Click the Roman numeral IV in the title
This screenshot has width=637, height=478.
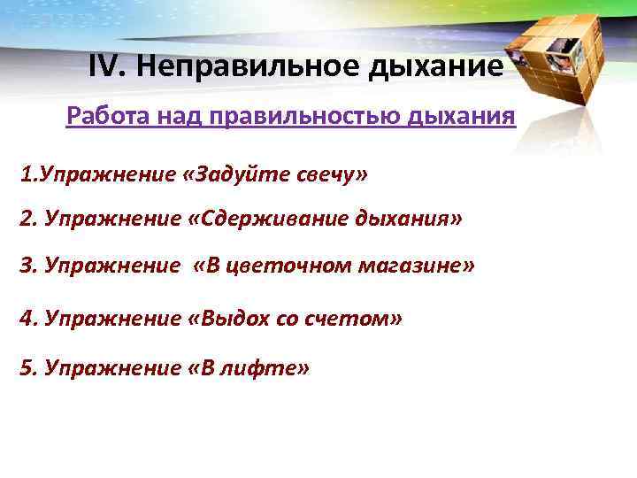pos(108,66)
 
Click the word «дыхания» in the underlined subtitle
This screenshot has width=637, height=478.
pos(462,116)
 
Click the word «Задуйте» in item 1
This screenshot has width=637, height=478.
pos(228,173)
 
